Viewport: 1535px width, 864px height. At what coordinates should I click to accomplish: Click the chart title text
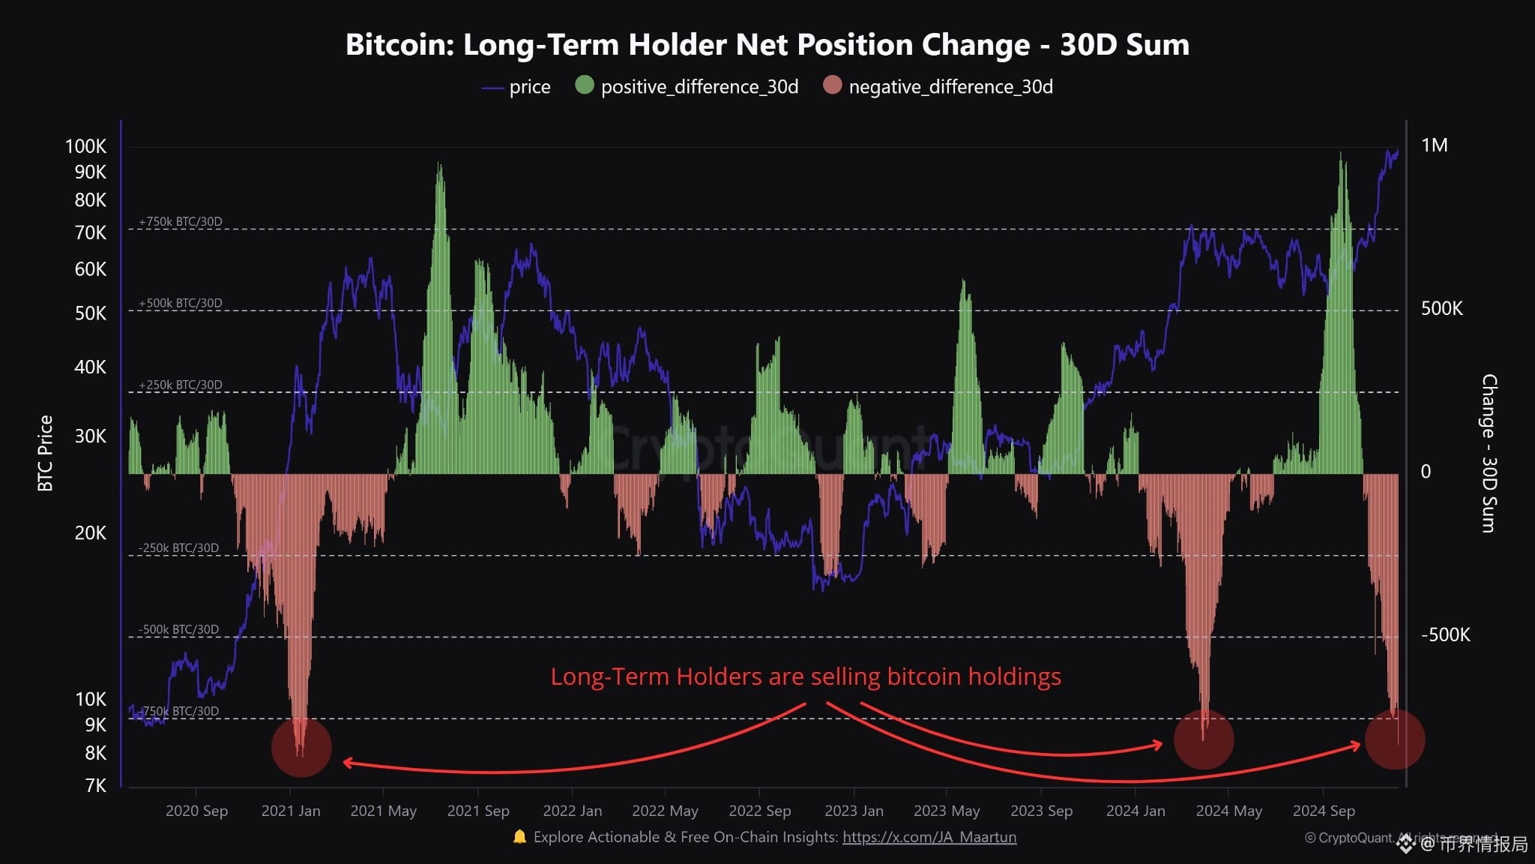click(x=767, y=45)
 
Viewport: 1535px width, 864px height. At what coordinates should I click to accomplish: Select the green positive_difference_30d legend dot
click(x=584, y=85)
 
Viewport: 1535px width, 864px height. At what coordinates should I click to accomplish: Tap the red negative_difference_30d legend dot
click(x=832, y=85)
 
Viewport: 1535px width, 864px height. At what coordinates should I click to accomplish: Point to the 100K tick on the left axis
click(x=85, y=146)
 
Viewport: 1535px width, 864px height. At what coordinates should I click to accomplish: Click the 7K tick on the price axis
click(x=95, y=785)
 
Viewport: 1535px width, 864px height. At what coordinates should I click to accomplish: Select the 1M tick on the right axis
click(x=1434, y=145)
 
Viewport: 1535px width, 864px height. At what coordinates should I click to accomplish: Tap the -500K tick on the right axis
click(x=1445, y=634)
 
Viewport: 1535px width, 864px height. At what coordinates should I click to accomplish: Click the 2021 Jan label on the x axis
click(x=290, y=811)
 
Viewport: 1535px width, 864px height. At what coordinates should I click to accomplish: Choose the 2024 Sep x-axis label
click(x=1324, y=811)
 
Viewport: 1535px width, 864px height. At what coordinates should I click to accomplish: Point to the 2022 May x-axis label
click(x=665, y=811)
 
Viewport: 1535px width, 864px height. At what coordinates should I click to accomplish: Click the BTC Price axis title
click(x=46, y=453)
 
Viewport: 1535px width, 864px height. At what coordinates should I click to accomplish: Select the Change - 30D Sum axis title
click(x=1489, y=453)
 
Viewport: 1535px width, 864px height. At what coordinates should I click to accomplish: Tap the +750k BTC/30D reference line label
click(x=181, y=222)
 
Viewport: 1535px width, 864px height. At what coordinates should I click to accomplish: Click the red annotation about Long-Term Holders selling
click(x=806, y=676)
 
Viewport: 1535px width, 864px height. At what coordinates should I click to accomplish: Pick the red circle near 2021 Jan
click(x=301, y=747)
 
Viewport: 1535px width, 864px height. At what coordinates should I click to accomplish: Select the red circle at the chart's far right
click(x=1394, y=739)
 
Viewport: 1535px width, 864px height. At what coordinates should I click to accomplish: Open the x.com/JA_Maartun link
click(x=929, y=837)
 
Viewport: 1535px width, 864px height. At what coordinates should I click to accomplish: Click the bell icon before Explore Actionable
click(x=519, y=836)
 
